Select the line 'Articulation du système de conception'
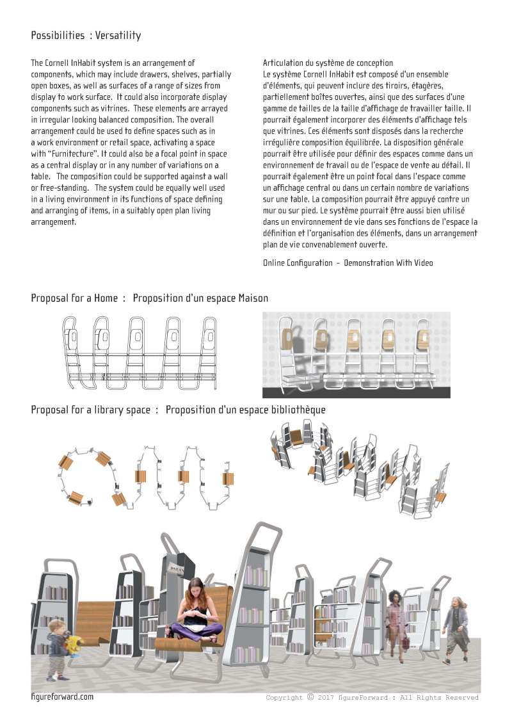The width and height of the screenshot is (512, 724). (x=328, y=63)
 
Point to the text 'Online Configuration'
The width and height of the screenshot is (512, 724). (x=298, y=263)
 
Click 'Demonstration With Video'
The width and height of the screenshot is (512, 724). (x=388, y=263)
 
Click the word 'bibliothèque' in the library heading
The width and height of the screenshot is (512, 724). (x=296, y=410)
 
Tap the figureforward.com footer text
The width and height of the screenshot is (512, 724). (x=62, y=696)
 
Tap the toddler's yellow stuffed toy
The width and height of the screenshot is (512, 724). (x=76, y=645)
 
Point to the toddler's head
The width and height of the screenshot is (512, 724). (x=56, y=628)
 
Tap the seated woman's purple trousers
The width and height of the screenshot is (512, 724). (x=195, y=631)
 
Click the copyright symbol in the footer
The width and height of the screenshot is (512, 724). (x=310, y=697)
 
